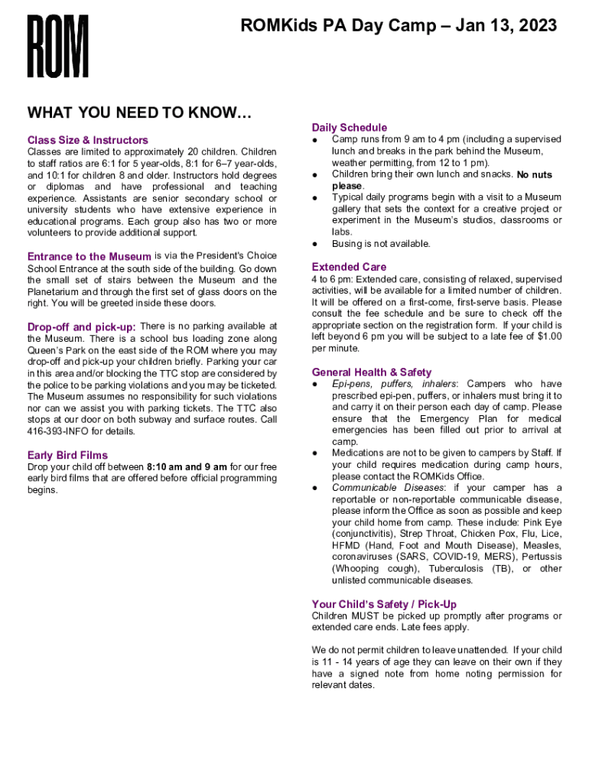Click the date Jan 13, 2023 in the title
click(x=506, y=27)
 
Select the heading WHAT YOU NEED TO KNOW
click(x=139, y=113)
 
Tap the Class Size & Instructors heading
click(x=88, y=140)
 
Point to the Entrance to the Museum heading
click(x=89, y=257)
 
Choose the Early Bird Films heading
click(x=67, y=455)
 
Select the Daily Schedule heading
click(x=350, y=127)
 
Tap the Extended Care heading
click(x=349, y=267)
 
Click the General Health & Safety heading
click(x=372, y=372)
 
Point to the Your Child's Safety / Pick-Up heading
click(x=384, y=604)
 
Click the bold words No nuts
click(x=534, y=174)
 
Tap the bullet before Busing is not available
click(x=315, y=244)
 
